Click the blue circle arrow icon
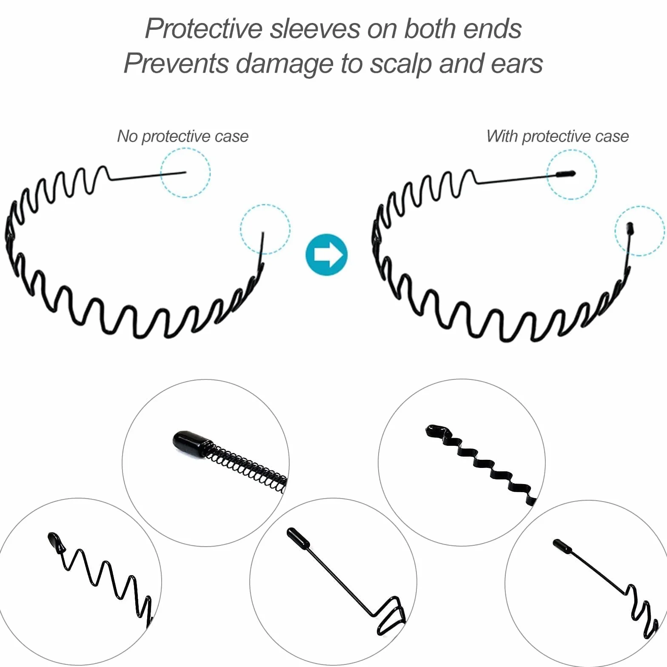click(327, 255)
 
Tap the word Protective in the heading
click(204, 29)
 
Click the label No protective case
click(183, 137)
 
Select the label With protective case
click(558, 137)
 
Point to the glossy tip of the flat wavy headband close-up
click(436, 431)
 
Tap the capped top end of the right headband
click(566, 174)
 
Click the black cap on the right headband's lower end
click(630, 228)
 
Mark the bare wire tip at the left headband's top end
click(185, 172)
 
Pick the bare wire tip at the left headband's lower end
click(263, 233)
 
